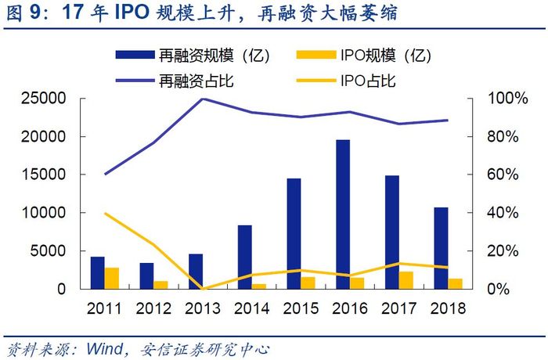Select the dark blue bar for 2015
294,233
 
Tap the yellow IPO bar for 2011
111,278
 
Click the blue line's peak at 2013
203,99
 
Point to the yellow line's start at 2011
105,213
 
